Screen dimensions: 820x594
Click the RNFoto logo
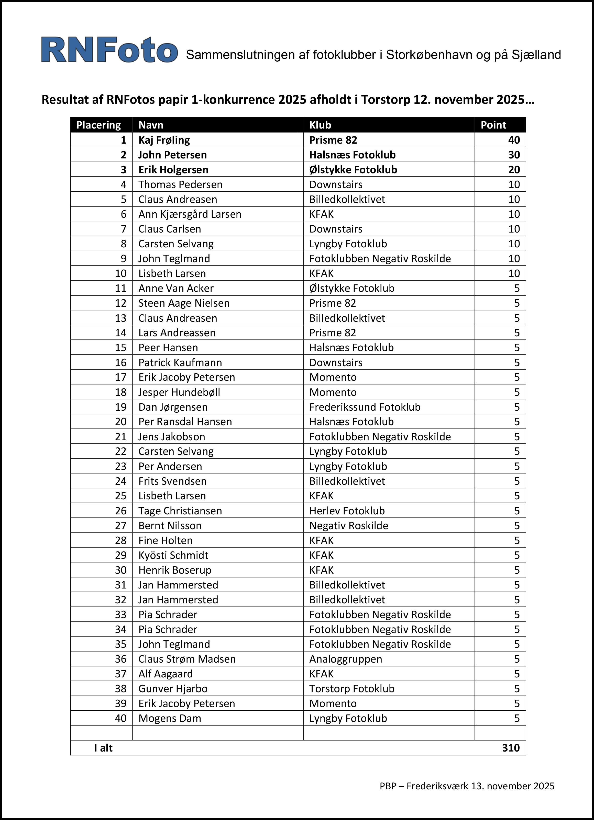pyautogui.click(x=109, y=50)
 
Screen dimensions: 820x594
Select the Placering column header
pyautogui.click(x=98, y=125)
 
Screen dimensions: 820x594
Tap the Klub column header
pyautogui.click(x=320, y=125)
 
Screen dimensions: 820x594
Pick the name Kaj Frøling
pyautogui.click(x=164, y=140)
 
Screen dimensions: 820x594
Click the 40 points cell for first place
pyautogui.click(x=514, y=140)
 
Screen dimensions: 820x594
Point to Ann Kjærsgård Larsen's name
pyautogui.click(x=190, y=214)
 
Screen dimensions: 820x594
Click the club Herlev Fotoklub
pyautogui.click(x=347, y=511)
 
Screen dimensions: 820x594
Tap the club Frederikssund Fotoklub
pyautogui.click(x=365, y=407)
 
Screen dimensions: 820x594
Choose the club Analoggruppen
pyautogui.click(x=346, y=659)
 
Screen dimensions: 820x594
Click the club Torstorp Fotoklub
pyautogui.click(x=351, y=688)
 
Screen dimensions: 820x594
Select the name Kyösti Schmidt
pyautogui.click(x=173, y=555)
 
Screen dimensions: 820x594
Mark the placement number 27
pyautogui.click(x=120, y=525)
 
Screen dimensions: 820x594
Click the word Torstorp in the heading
pyautogui.click(x=386, y=99)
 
